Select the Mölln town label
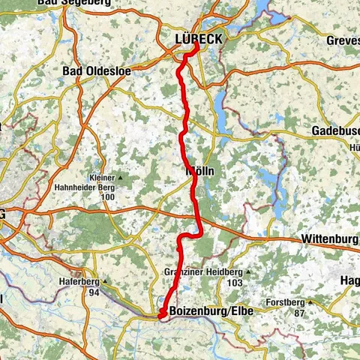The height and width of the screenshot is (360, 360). click(199, 171)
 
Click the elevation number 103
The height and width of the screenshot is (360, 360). click(235, 282)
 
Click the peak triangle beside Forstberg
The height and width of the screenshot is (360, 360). click(309, 303)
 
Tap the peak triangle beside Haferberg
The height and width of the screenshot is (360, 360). click(105, 282)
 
